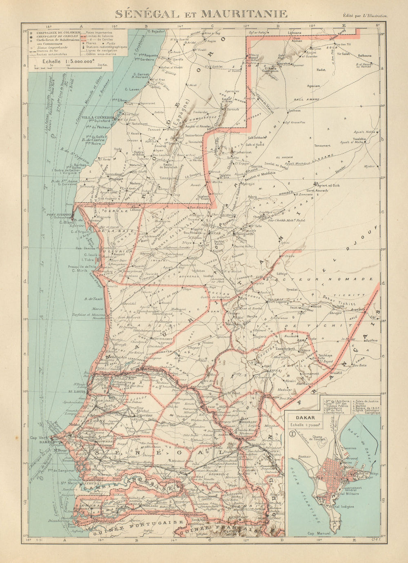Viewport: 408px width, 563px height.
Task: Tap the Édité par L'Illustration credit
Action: pyautogui.click(x=366, y=16)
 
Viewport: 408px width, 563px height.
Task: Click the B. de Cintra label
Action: pyautogui.click(x=92, y=140)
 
